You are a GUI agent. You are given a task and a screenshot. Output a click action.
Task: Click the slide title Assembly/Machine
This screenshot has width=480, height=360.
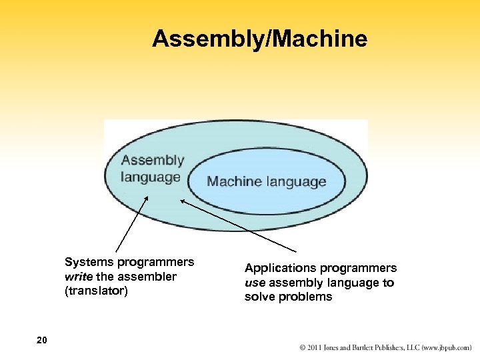pyautogui.click(x=259, y=39)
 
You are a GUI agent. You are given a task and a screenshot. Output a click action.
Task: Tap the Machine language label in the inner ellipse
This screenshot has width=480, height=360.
pyautogui.click(x=267, y=181)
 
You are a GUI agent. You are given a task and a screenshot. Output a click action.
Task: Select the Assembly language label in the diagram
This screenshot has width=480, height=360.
pyautogui.click(x=152, y=169)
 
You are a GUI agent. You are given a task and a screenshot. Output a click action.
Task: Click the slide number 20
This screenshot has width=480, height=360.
pyautogui.click(x=42, y=341)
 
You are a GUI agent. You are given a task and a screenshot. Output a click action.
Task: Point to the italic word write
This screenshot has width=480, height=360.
pyautogui.click(x=77, y=277)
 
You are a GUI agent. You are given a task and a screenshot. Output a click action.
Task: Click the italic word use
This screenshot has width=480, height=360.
pyautogui.click(x=255, y=283)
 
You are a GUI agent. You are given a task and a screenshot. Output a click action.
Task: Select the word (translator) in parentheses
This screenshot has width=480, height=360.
pyautogui.click(x=95, y=291)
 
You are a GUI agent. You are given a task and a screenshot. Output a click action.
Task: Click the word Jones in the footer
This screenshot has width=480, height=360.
pyautogui.click(x=337, y=348)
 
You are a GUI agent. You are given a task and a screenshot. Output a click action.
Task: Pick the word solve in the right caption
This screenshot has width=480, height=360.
pyautogui.click(x=259, y=297)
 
